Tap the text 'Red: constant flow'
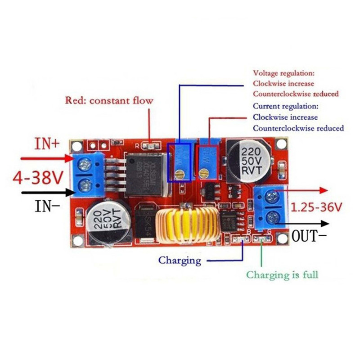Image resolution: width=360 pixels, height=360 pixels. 109,100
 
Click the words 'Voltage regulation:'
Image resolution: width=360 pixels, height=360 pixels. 284,72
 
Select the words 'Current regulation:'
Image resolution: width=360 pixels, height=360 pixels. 285,107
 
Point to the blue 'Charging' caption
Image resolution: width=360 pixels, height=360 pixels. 180,260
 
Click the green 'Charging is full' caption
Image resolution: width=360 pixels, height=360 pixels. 282,274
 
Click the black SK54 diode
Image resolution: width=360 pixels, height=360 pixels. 144,223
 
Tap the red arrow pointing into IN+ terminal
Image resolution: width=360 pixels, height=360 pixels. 45,158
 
